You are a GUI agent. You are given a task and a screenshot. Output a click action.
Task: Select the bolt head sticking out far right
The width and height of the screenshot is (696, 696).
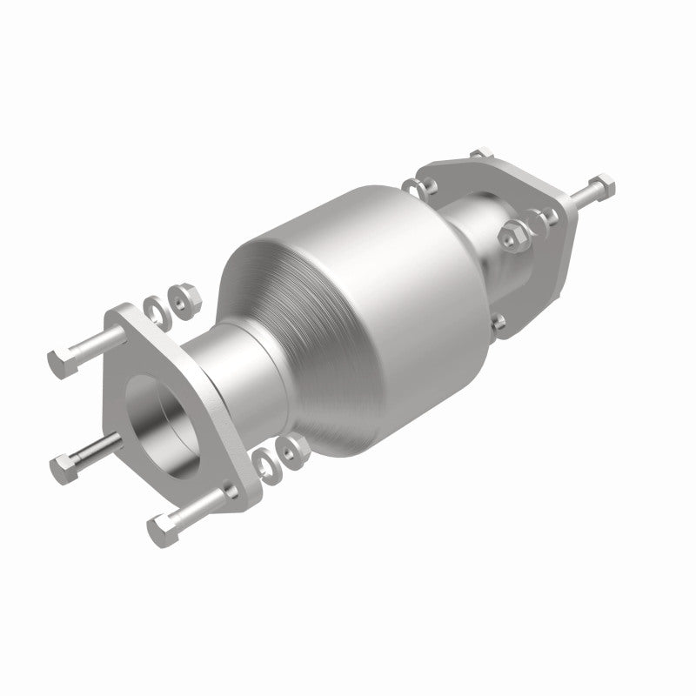[602, 185]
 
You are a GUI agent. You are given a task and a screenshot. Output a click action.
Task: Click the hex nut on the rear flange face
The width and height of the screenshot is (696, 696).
[513, 233]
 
